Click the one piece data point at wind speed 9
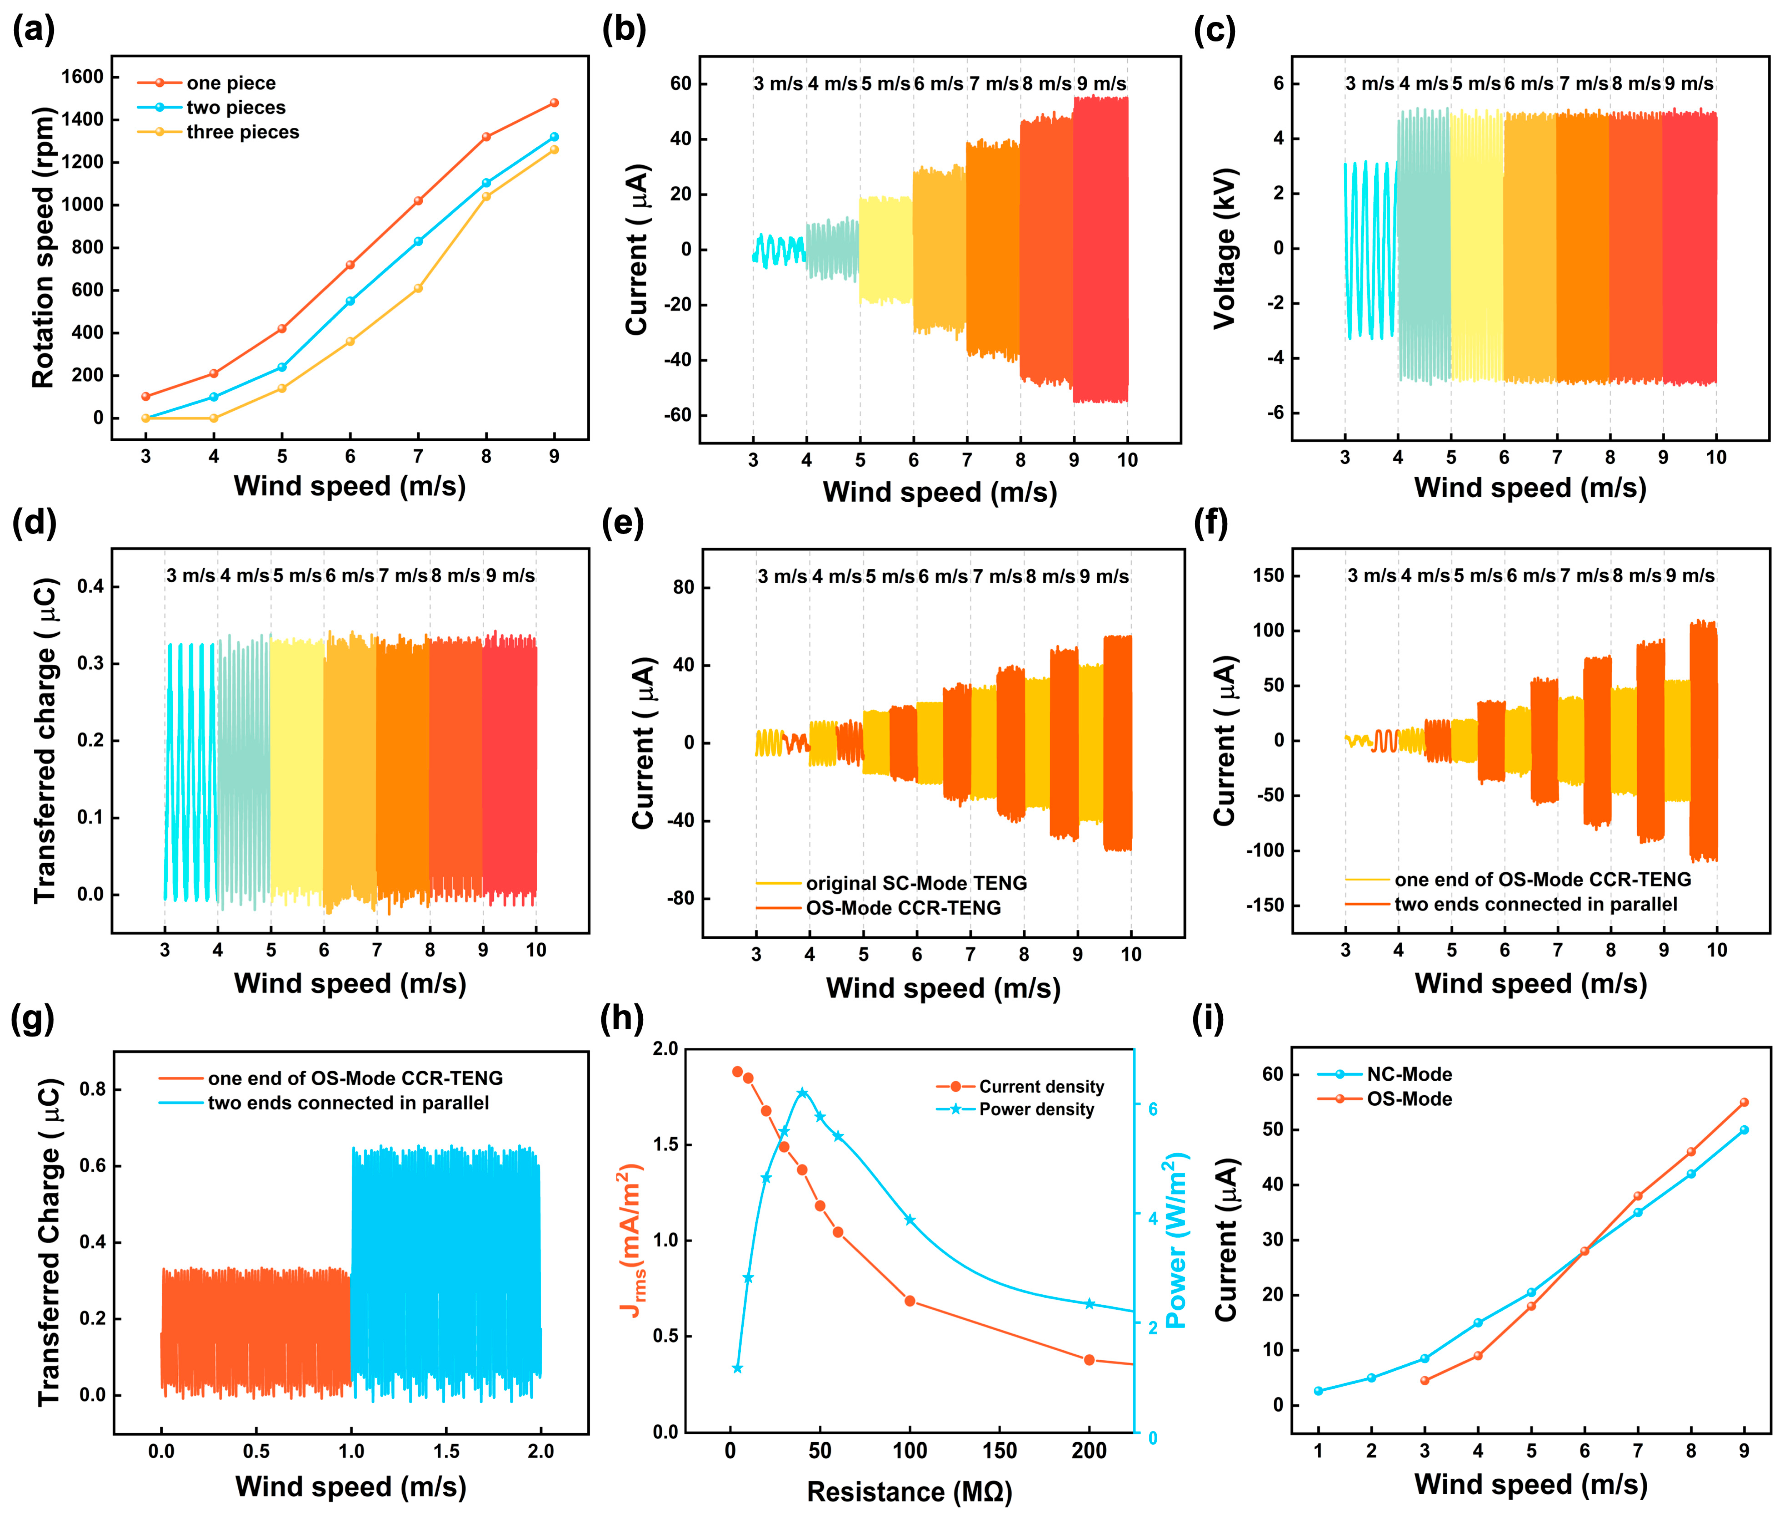[x=554, y=103]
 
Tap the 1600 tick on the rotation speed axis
[x=82, y=77]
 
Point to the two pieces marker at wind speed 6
[x=350, y=301]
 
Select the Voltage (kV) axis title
[x=1224, y=248]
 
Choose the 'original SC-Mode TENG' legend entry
[x=915, y=883]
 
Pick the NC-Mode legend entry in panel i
[x=1408, y=1074]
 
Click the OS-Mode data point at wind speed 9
[x=1744, y=1102]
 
